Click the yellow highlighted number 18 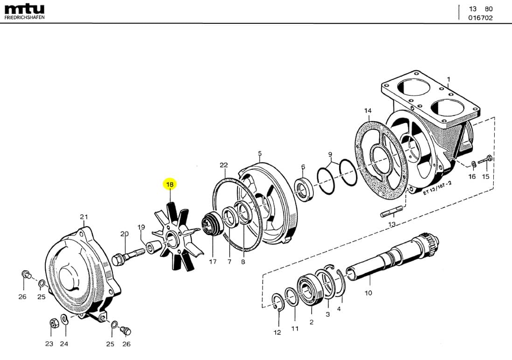coord(170,185)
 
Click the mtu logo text coord(24,9)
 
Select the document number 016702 coord(480,18)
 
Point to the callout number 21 coord(84,216)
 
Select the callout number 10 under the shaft coord(368,293)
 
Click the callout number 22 coord(224,165)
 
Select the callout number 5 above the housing coord(260,153)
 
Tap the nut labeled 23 coord(53,323)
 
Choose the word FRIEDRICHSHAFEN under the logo coord(24,17)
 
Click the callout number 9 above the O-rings coord(330,154)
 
